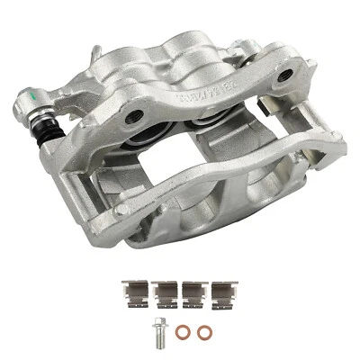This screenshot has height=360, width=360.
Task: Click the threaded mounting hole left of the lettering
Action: pyautogui.click(x=135, y=114)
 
